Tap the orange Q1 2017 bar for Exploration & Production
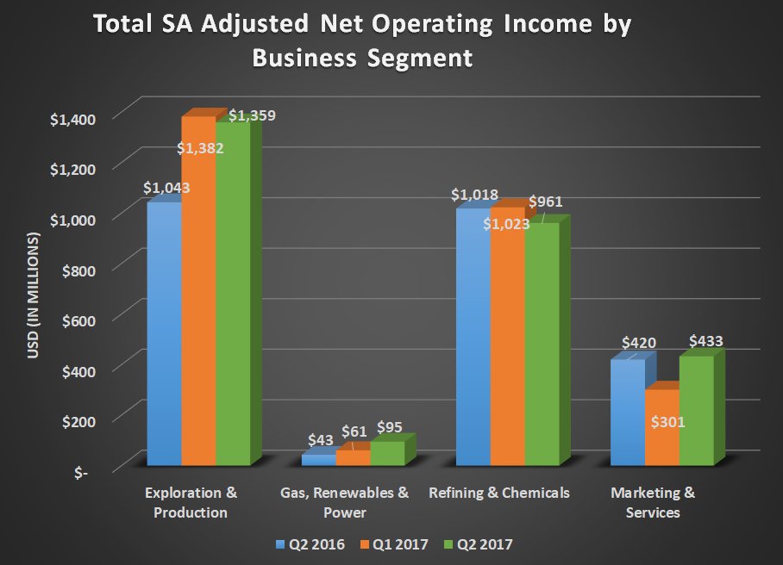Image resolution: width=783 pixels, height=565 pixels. (198, 293)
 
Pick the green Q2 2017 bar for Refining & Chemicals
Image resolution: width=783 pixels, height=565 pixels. (542, 345)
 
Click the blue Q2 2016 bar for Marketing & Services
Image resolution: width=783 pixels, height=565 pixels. (627, 413)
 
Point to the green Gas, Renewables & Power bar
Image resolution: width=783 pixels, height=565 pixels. (387, 453)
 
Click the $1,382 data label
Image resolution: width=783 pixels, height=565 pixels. (201, 148)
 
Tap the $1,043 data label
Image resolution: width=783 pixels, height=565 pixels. (166, 187)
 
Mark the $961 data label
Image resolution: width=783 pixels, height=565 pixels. (545, 202)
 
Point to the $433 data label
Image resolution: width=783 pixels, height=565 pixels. (705, 341)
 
